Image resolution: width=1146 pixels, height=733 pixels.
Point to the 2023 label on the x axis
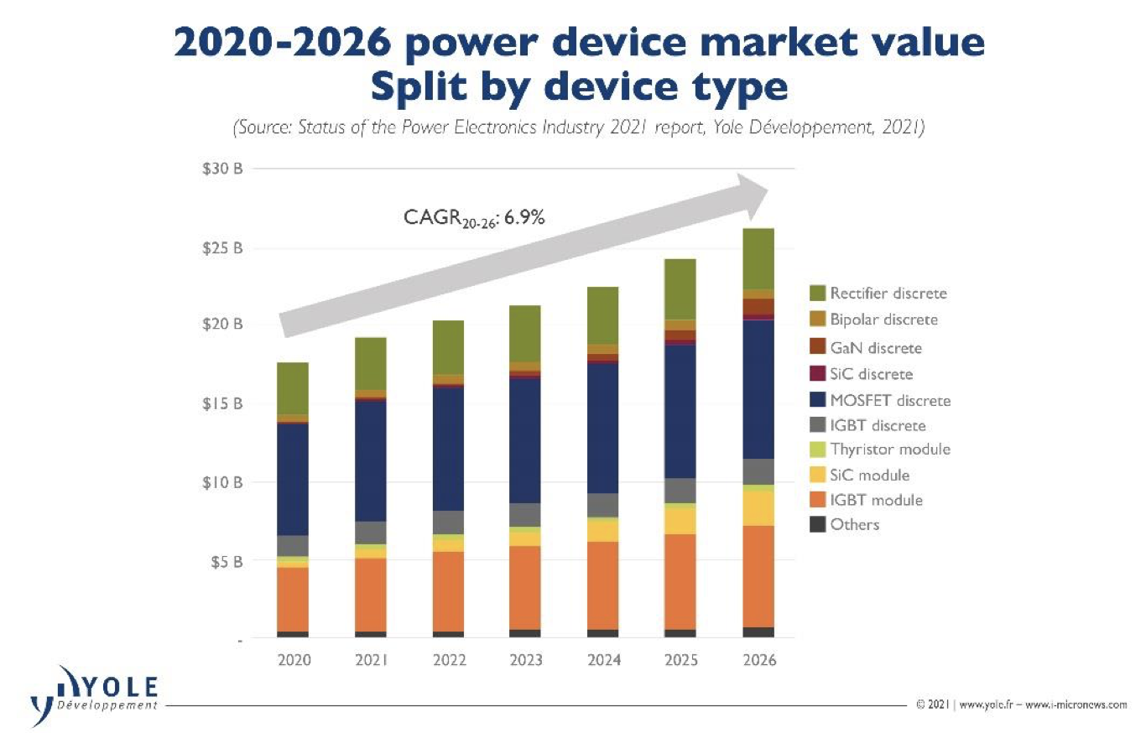pyautogui.click(x=525, y=660)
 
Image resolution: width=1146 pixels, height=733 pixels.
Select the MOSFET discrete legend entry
pyautogui.click(x=890, y=400)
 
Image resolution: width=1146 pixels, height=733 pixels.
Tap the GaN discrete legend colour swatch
pyautogui.click(x=818, y=347)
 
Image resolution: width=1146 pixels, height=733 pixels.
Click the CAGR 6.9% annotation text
pyautogui.click(x=474, y=220)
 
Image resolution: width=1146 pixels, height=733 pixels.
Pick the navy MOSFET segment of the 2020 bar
pyautogui.click(x=293, y=478)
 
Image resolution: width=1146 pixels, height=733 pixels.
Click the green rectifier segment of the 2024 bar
pyautogui.click(x=602, y=315)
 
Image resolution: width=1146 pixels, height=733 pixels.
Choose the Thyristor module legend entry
pyautogui.click(x=890, y=450)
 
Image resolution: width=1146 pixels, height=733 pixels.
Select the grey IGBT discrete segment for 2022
pyautogui.click(x=448, y=522)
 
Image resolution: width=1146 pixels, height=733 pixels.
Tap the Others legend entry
pyautogui.click(x=854, y=525)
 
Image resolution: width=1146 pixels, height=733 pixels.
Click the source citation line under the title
pyautogui.click(x=577, y=130)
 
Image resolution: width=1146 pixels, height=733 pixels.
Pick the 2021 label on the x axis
pyautogui.click(x=370, y=660)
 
